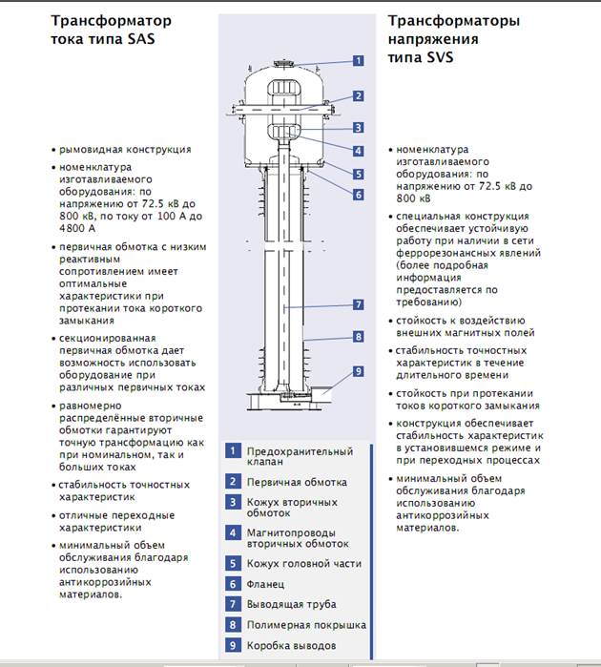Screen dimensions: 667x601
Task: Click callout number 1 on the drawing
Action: point(358,60)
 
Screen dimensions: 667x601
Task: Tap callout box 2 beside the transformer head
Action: point(358,95)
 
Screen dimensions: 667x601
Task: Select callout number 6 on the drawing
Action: point(358,195)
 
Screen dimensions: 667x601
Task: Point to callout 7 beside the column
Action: point(358,304)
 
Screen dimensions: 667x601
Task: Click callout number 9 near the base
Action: point(358,371)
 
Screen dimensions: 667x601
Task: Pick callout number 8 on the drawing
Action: point(358,337)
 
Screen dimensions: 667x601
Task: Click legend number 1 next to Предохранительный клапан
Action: point(232,451)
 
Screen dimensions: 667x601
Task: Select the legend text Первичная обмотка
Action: point(297,483)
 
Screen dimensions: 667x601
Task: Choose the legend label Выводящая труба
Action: point(291,604)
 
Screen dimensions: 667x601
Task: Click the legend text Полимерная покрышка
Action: point(306,625)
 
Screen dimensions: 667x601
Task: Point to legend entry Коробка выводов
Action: point(291,646)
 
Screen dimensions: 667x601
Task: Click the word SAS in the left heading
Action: point(138,40)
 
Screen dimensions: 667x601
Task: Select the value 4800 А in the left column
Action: point(77,229)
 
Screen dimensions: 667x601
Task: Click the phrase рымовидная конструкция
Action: point(125,150)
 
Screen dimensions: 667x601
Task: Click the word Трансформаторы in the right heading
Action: point(453,20)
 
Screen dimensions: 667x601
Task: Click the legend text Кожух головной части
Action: point(304,563)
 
